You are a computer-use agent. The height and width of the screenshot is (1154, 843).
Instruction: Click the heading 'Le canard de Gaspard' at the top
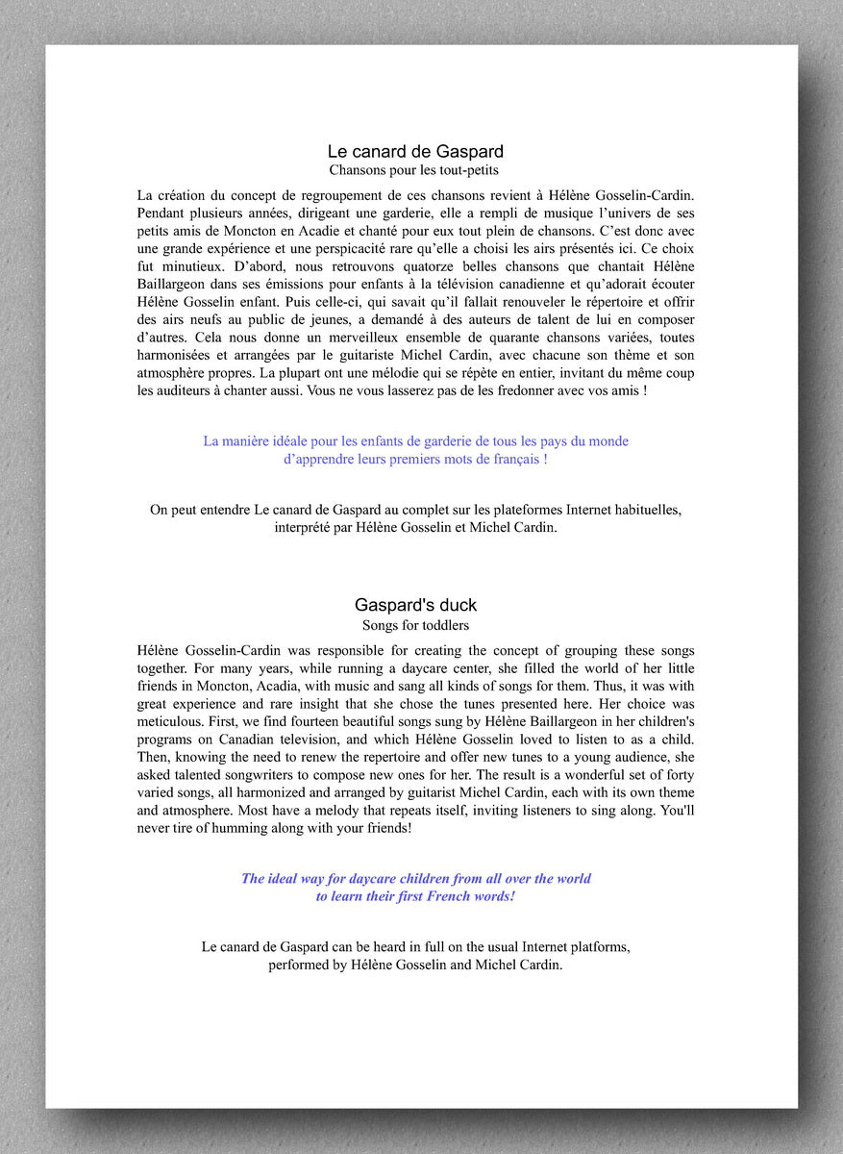point(415,151)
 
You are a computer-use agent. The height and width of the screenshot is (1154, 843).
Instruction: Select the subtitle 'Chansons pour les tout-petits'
point(414,170)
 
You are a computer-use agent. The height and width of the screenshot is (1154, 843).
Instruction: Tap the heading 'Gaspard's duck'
point(415,605)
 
